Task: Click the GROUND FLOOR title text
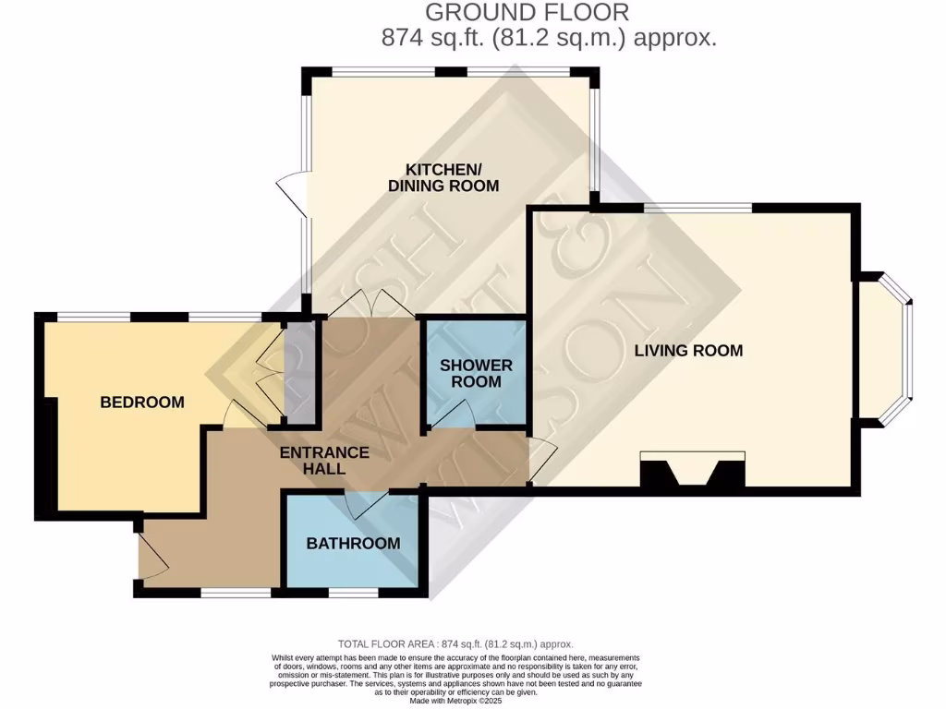[528, 13]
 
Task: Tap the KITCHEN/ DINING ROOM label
[443, 177]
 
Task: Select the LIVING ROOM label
[688, 351]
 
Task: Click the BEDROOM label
[142, 403]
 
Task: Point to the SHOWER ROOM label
[476, 374]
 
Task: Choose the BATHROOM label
[353, 543]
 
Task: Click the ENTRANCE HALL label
[324, 461]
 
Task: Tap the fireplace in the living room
[693, 471]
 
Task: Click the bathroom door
[366, 503]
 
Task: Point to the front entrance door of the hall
[150, 554]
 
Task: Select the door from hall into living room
[542, 462]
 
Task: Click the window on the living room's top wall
[697, 209]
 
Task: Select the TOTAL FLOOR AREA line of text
[455, 644]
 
